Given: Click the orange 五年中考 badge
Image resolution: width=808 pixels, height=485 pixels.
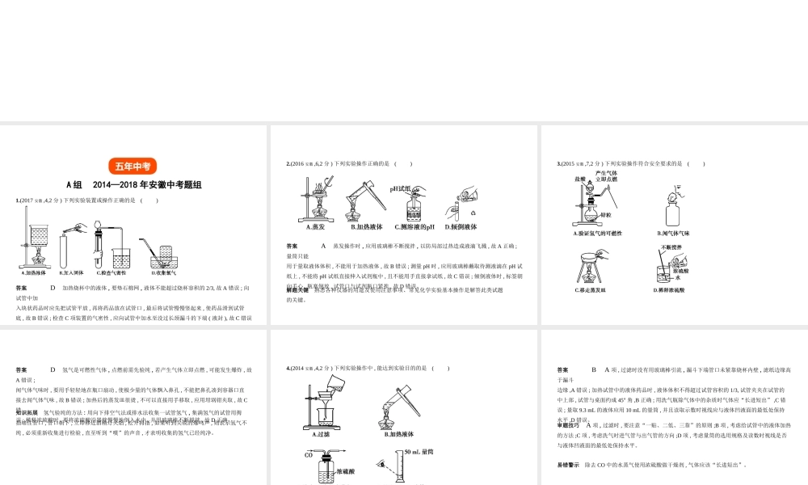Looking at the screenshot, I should click(x=133, y=166).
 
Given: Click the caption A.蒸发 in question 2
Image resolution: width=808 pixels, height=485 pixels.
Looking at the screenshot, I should click(x=305, y=227).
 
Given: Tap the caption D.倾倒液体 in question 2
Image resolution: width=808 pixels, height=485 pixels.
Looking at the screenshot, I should click(x=461, y=227).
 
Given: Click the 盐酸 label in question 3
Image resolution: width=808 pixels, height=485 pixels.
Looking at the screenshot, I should click(x=579, y=179).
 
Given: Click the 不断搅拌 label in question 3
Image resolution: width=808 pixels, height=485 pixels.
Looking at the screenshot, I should click(x=672, y=247).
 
